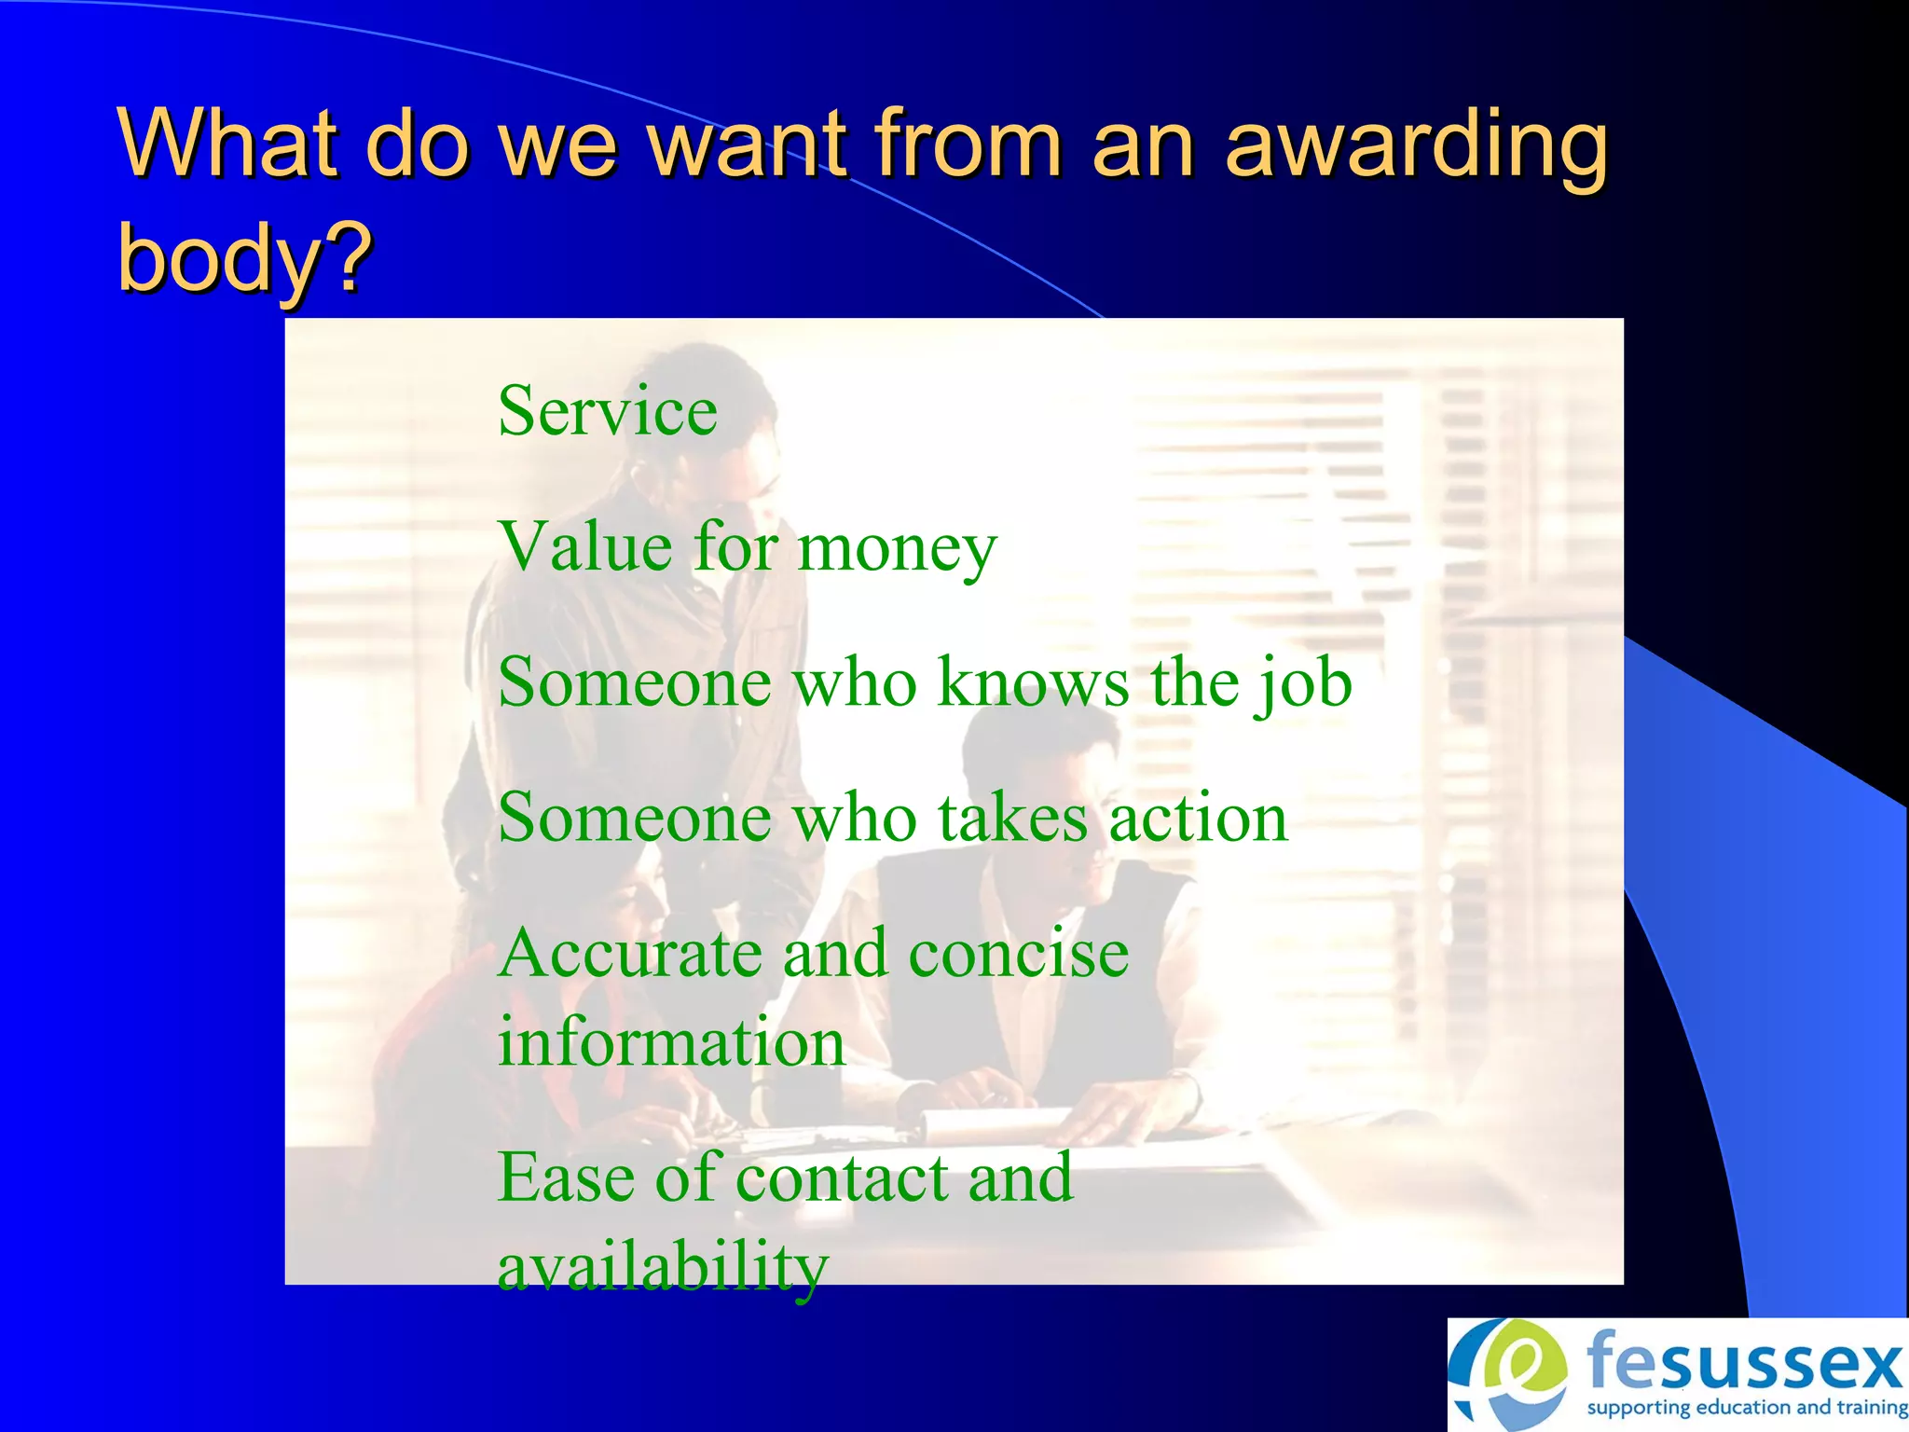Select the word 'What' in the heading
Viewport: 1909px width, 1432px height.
click(227, 145)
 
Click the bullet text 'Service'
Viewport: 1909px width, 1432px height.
click(608, 411)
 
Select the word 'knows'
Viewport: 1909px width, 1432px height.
click(1033, 682)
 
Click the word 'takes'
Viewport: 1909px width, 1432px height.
click(1012, 818)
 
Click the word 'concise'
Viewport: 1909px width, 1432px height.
click(1018, 955)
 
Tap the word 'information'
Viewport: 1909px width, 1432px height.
click(671, 1042)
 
